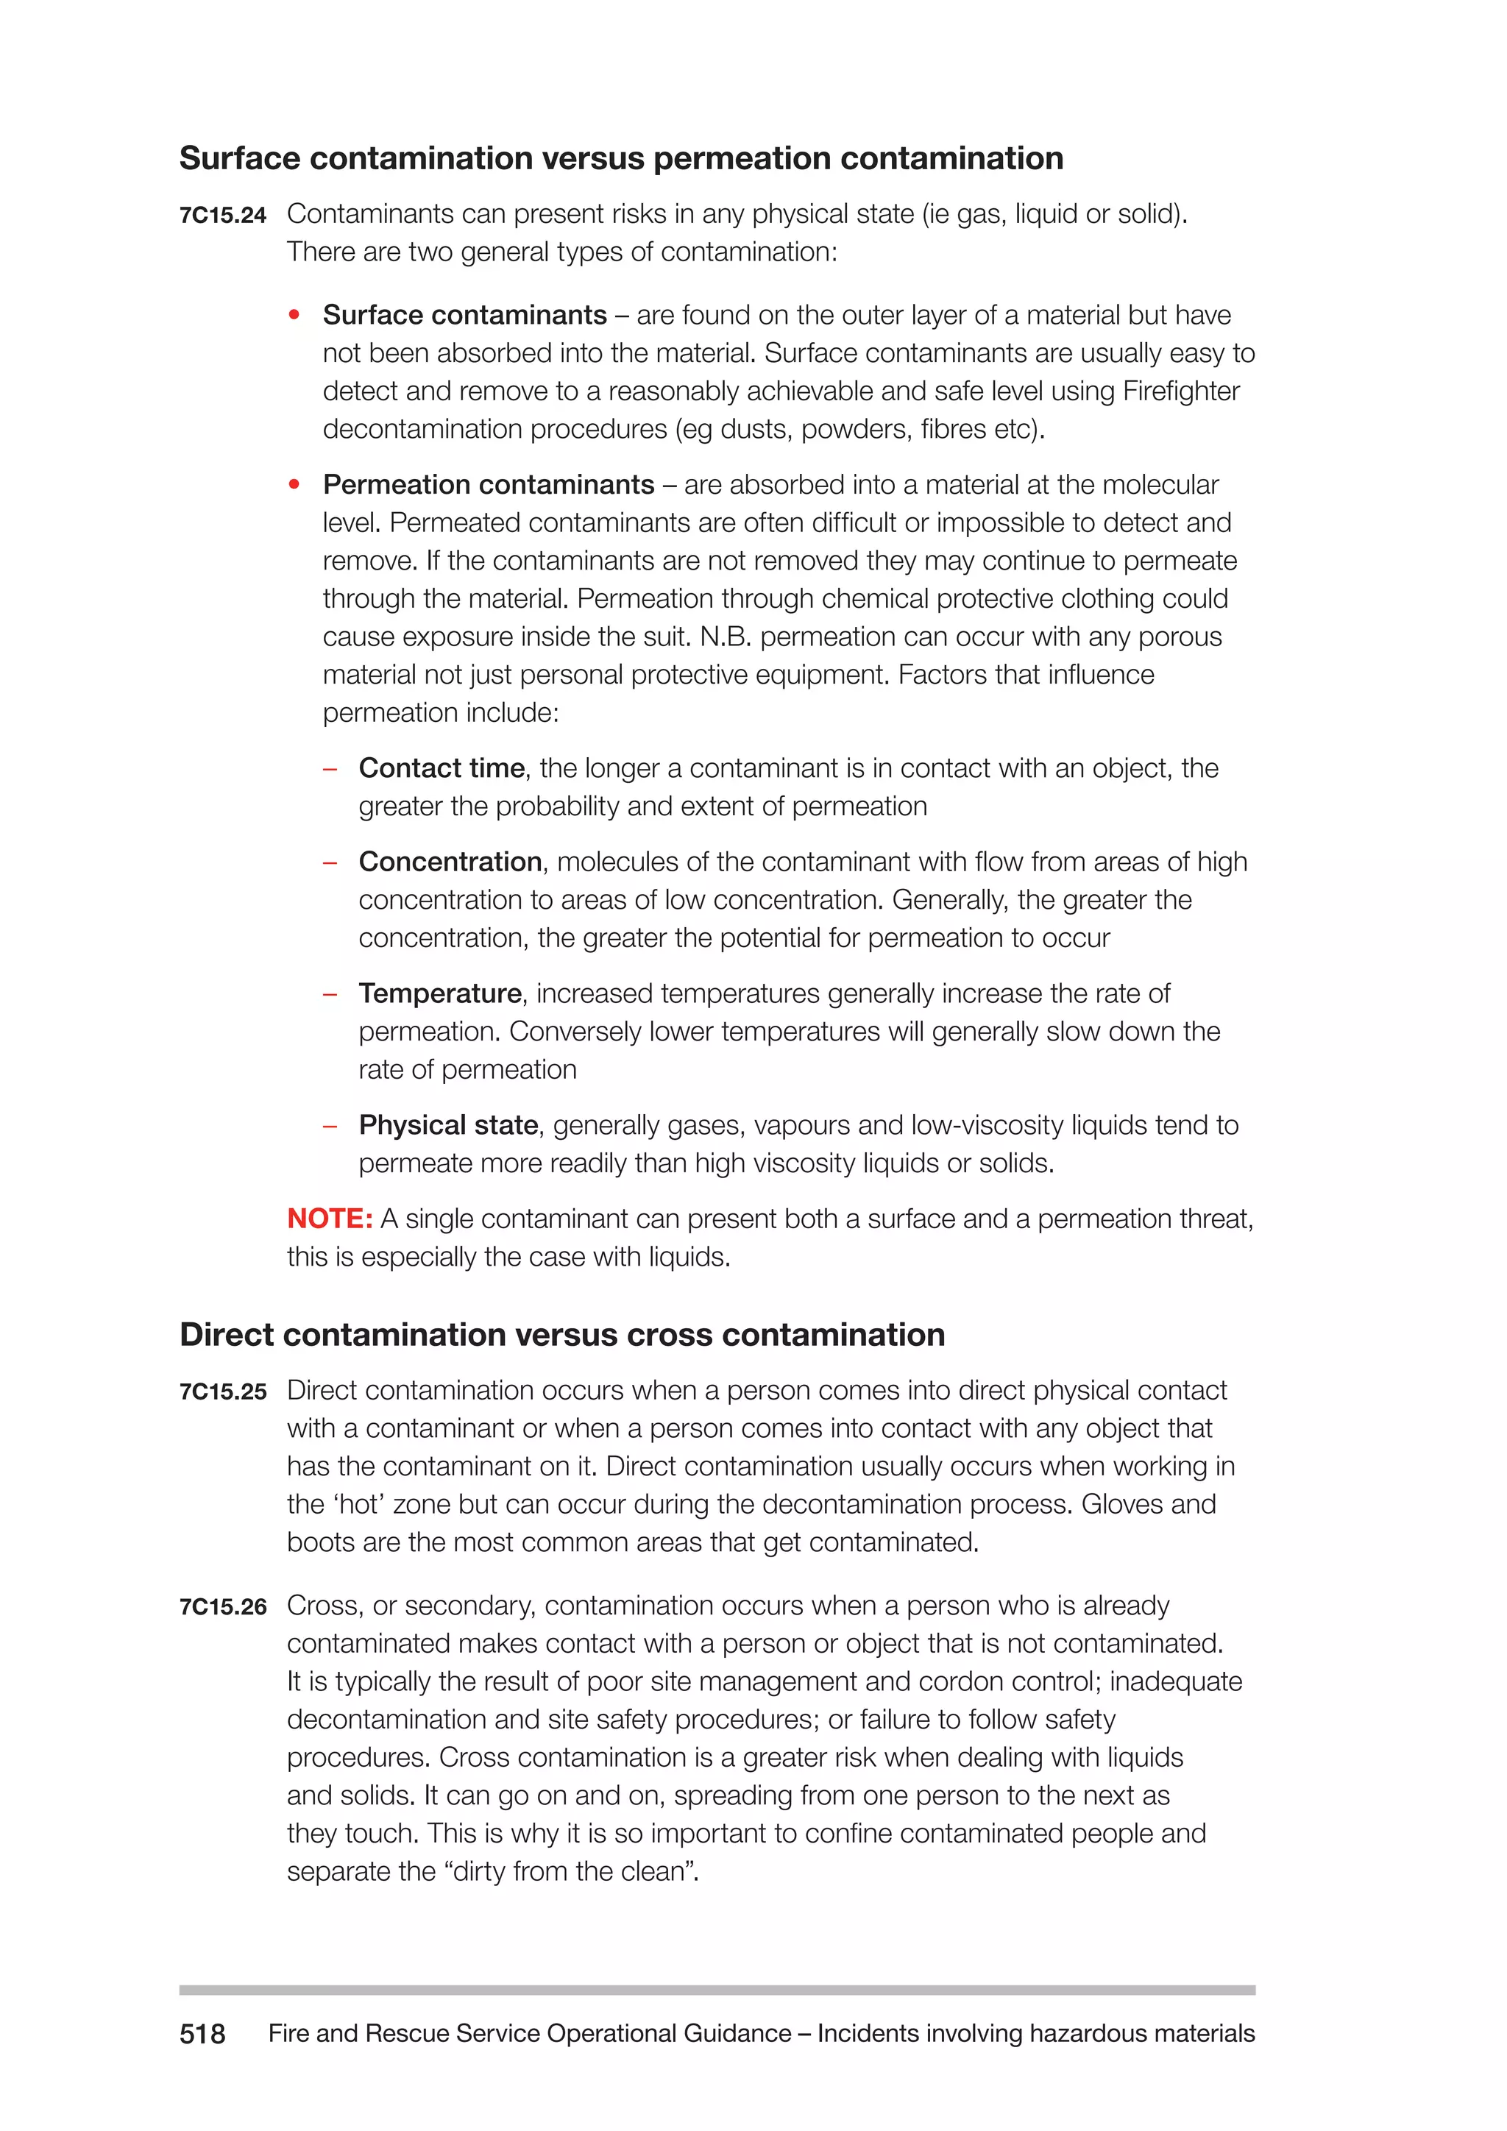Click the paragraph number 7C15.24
click(x=223, y=216)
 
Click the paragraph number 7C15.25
click(x=223, y=1392)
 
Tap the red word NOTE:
click(x=330, y=1219)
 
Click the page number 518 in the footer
click(x=202, y=2034)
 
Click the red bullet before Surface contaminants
click(x=294, y=316)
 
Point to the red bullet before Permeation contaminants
click(x=294, y=484)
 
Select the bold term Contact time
click(x=442, y=768)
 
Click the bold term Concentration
click(x=450, y=862)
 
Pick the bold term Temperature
click(x=440, y=994)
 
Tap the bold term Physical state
click(x=448, y=1126)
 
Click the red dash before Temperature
click(x=330, y=995)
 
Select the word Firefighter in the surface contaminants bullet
click(x=1180, y=391)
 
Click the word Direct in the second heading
click(x=227, y=1335)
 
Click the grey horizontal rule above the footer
click(x=717, y=1990)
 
